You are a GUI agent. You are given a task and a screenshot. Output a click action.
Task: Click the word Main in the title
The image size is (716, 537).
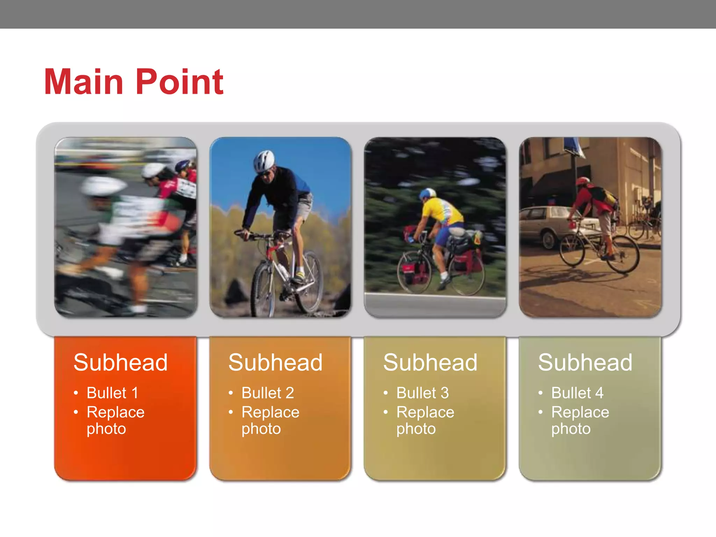84,82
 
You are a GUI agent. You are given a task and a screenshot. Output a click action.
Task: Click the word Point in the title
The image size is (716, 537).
179,82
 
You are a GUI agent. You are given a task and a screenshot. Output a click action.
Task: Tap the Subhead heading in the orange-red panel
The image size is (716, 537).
121,362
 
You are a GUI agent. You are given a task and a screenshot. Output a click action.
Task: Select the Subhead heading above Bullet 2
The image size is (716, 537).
275,362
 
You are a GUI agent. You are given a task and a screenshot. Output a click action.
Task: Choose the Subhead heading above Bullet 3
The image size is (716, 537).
430,362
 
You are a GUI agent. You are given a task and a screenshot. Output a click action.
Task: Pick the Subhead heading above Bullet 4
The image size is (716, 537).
585,362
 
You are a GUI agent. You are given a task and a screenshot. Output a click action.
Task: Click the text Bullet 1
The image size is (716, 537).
113,393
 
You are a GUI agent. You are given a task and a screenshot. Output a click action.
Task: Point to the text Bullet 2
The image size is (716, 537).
268,393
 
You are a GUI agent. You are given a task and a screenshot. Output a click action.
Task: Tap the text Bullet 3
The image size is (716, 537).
423,393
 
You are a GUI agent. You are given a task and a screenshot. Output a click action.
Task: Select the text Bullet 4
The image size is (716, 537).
578,393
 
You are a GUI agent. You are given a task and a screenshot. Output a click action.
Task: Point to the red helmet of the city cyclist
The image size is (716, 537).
582,181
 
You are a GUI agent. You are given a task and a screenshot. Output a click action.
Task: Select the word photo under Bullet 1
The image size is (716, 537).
106,429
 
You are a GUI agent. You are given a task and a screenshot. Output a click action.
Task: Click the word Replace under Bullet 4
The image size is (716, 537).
580,412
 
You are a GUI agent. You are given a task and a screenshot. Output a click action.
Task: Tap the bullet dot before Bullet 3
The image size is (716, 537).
386,393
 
